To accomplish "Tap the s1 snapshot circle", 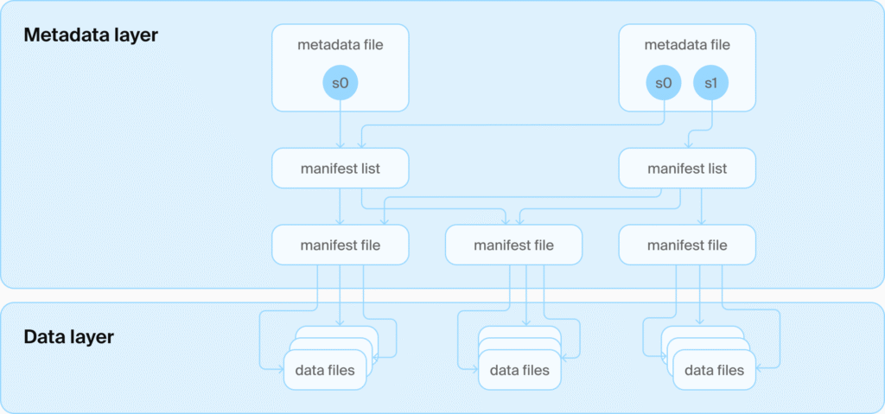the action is (x=710, y=84).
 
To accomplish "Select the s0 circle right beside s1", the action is (x=664, y=84).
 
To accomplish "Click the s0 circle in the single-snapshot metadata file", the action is (x=341, y=84).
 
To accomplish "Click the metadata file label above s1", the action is (x=687, y=45).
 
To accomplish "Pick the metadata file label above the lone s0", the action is (x=341, y=45).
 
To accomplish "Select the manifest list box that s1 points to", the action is (x=687, y=169).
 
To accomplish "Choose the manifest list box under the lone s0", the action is (x=341, y=169).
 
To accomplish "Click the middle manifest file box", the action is (x=513, y=245).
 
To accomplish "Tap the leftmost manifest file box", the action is (x=341, y=245).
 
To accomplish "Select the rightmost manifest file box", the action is (x=687, y=245).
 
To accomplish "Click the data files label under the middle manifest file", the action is (x=519, y=371).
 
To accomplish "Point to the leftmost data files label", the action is (x=325, y=371).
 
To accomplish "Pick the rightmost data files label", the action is (x=714, y=371).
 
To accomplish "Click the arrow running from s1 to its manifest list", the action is (x=700, y=131).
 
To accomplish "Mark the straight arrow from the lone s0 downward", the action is (x=341, y=124).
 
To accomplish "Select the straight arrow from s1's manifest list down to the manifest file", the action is (x=702, y=207).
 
